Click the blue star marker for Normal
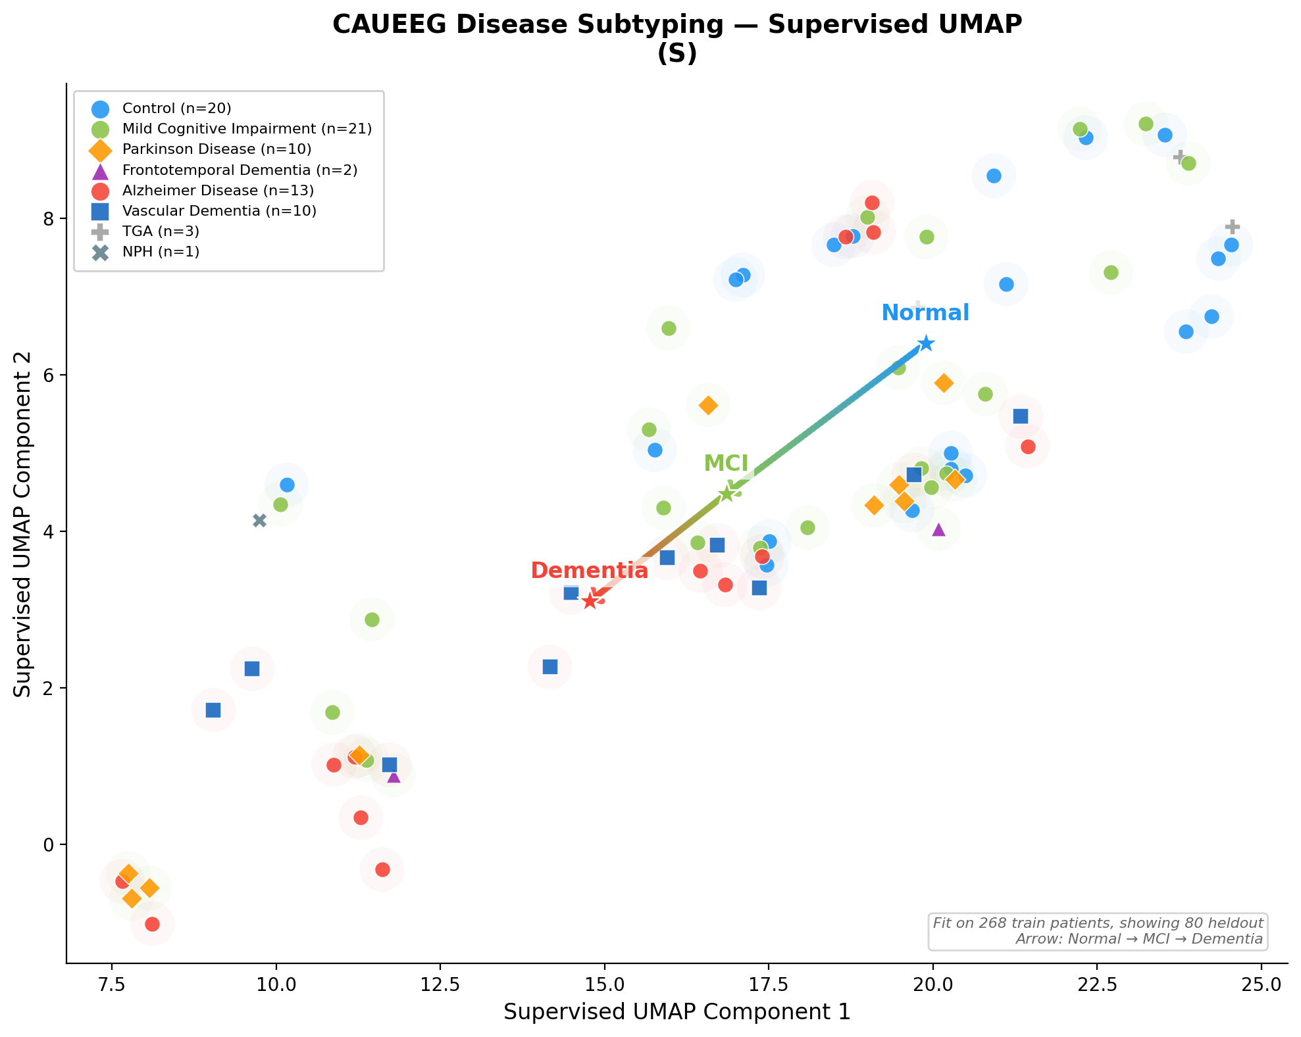[926, 343]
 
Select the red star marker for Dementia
[590, 600]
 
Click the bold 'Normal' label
[925, 313]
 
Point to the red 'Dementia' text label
[589, 571]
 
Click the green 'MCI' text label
[726, 464]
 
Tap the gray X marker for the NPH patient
[259, 520]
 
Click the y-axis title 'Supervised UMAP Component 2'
[23, 523]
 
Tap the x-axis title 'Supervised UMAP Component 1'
[677, 1012]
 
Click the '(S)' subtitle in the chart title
[677, 54]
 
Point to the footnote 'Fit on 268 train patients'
[1098, 923]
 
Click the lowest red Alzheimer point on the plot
[152, 924]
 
